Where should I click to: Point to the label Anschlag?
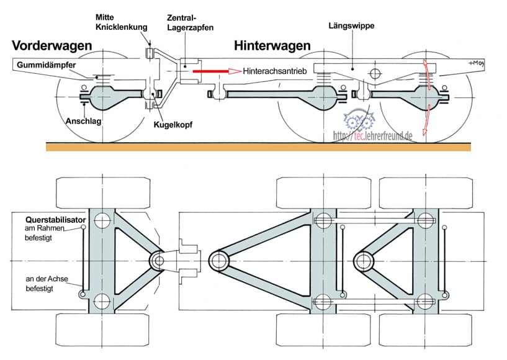[83, 121]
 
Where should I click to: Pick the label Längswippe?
[352, 26]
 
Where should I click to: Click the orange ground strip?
[258, 146]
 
